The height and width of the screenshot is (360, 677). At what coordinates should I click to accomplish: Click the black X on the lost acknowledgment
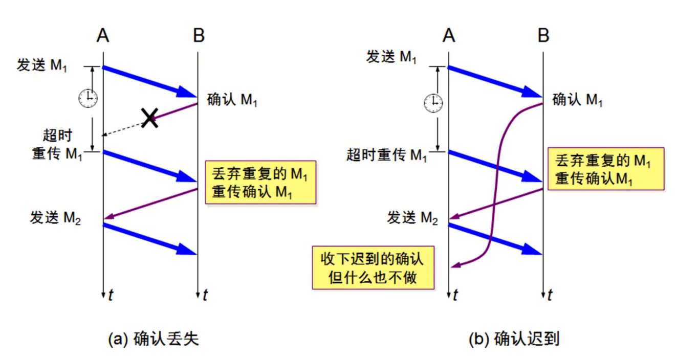tap(149, 119)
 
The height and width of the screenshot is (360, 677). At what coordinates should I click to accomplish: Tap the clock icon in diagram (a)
tap(88, 98)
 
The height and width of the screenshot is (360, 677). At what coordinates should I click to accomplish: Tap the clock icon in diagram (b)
tap(433, 102)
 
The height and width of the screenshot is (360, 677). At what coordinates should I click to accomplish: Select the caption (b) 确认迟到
tap(513, 339)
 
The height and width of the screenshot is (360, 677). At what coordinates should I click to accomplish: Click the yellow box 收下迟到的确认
tap(373, 267)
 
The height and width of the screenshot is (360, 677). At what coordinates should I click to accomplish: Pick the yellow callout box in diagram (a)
tap(260, 183)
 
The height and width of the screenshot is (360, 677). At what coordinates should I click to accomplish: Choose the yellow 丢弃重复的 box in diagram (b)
tap(605, 169)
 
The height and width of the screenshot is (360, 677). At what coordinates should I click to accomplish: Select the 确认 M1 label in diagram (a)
tap(232, 99)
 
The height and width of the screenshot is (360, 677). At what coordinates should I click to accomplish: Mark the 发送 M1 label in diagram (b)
tap(391, 57)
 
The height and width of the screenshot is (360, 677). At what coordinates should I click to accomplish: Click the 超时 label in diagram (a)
tap(57, 136)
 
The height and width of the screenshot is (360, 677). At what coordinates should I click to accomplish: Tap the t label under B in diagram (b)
tap(550, 295)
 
